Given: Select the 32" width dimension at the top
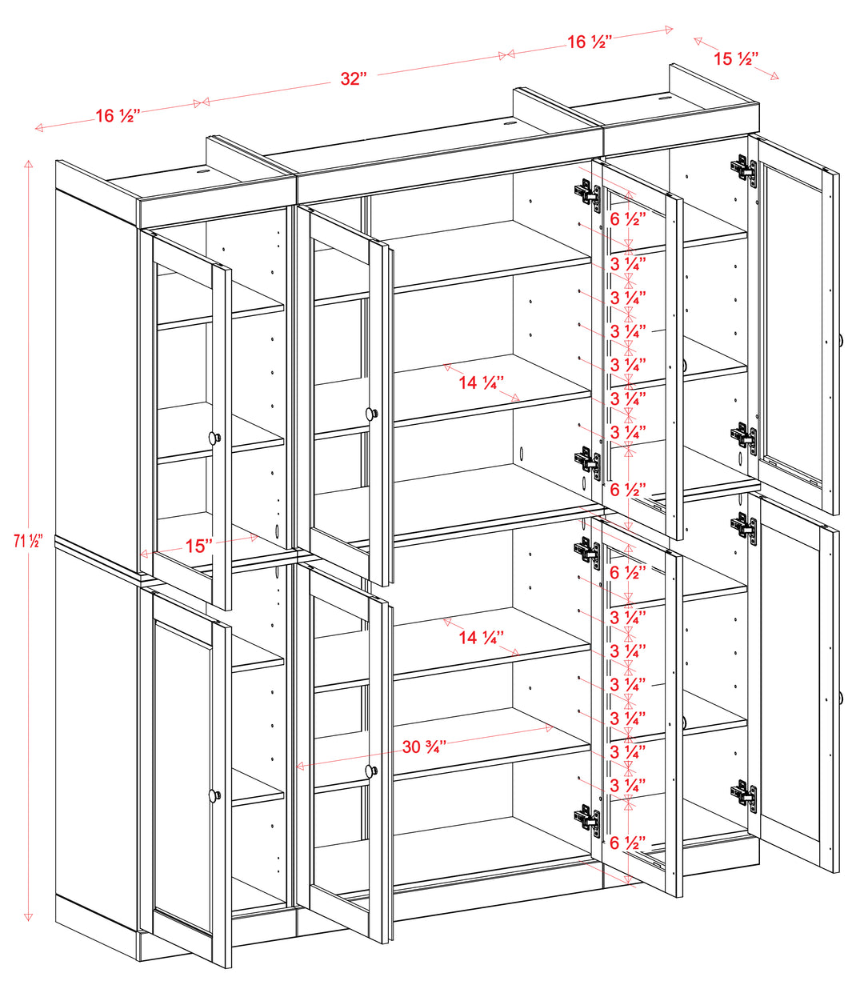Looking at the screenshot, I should tap(352, 78).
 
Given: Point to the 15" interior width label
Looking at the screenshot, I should tap(198, 546).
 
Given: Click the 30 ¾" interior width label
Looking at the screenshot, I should tap(424, 747).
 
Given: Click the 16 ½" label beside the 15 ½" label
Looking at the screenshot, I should tap(590, 42).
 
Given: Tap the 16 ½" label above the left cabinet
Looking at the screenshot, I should tap(118, 116).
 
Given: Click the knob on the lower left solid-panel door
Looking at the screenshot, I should tap(214, 795).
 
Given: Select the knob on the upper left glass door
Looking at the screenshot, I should tap(214, 438).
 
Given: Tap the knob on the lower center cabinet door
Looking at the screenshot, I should tap(370, 771).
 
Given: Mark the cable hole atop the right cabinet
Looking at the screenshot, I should tap(665, 99).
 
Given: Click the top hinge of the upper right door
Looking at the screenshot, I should tap(744, 168).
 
